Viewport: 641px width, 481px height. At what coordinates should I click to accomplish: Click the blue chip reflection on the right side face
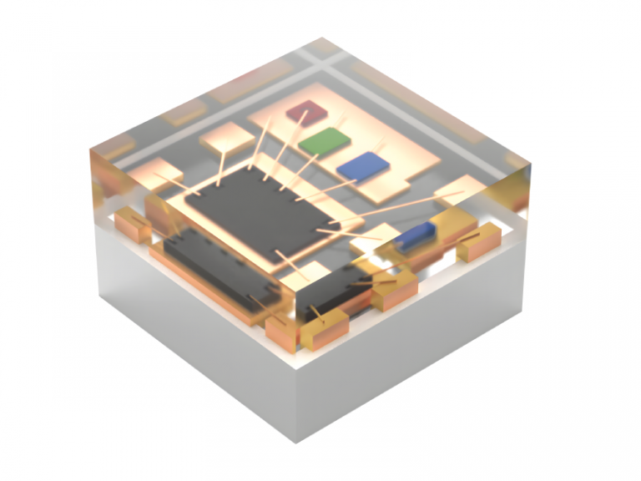point(415,236)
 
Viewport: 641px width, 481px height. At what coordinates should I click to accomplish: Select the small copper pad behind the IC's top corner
point(226,139)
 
